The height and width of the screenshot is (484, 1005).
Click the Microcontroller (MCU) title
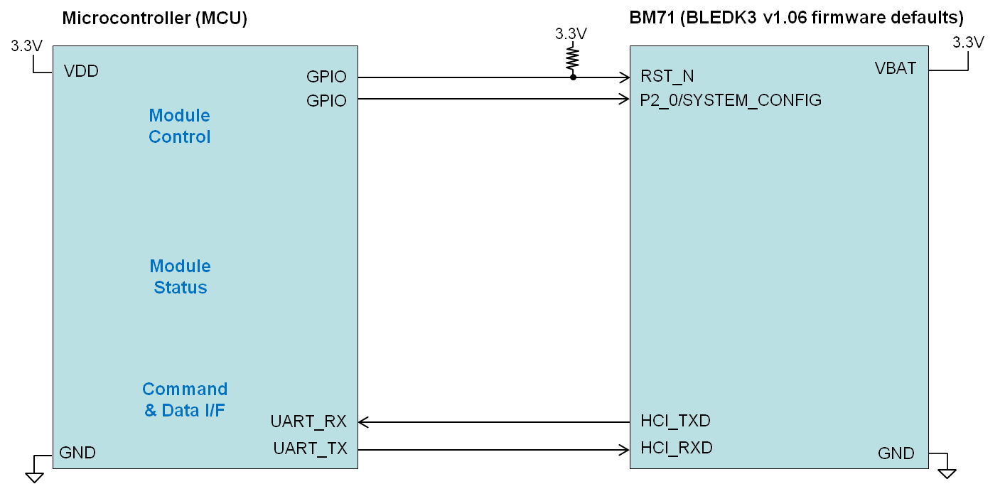pyautogui.click(x=154, y=19)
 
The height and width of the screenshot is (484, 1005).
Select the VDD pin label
pyautogui.click(x=81, y=71)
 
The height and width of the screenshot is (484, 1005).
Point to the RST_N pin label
pyautogui.click(x=667, y=77)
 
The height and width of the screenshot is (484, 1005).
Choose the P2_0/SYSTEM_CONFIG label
pyautogui.click(x=731, y=100)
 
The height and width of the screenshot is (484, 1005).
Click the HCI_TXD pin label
pyautogui.click(x=675, y=421)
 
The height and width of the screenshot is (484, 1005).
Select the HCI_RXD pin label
pyautogui.click(x=676, y=448)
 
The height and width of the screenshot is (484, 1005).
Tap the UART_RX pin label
pyautogui.click(x=308, y=421)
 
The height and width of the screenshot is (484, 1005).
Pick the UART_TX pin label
pyautogui.click(x=310, y=448)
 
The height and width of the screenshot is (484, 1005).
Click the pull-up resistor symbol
pyautogui.click(x=573, y=58)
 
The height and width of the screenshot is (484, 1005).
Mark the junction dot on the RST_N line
pyautogui.click(x=573, y=77)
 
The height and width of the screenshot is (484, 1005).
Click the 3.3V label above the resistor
pyautogui.click(x=571, y=33)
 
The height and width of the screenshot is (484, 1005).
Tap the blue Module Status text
pyautogui.click(x=181, y=276)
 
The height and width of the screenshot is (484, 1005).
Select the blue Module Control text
pyautogui.click(x=180, y=126)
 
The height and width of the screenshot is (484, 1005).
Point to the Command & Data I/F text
pyautogui.click(x=185, y=399)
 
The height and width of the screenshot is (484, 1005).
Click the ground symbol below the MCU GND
pyautogui.click(x=33, y=475)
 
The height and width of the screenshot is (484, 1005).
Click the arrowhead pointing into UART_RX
pyautogui.click(x=362, y=422)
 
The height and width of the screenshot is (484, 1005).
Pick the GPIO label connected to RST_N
pyautogui.click(x=326, y=77)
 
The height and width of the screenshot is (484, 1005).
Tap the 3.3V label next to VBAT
pyautogui.click(x=967, y=43)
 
